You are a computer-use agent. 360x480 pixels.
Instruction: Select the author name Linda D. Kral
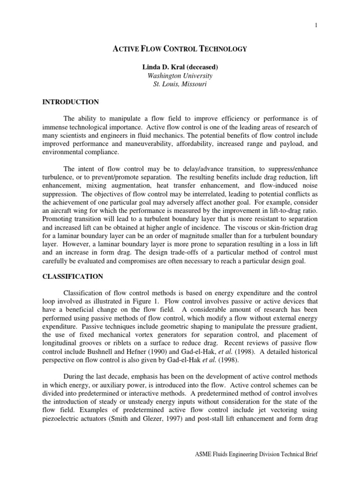coord(162,67)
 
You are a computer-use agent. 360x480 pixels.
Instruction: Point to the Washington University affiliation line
coord(180,75)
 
